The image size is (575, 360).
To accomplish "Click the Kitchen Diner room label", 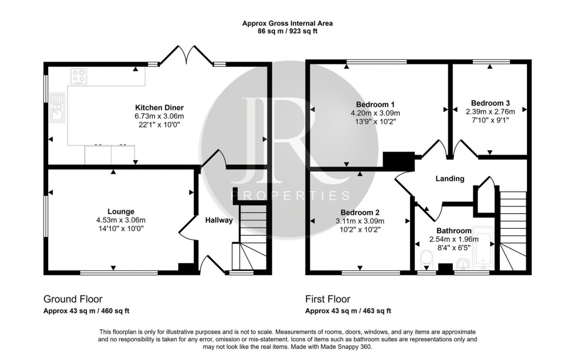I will [160, 108].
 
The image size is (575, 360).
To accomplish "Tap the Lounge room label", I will [121, 212].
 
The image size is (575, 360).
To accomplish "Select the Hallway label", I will [218, 220].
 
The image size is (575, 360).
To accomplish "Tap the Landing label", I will [450, 179].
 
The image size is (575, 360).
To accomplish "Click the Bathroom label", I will [454, 231].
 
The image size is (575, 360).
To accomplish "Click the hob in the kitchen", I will [79, 75].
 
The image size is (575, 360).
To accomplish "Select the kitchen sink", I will [58, 110].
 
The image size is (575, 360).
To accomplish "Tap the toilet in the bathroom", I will [427, 259].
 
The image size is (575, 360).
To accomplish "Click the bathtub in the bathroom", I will [483, 252].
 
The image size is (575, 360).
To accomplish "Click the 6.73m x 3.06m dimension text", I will [160, 116].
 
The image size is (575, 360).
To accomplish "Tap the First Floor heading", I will [327, 299].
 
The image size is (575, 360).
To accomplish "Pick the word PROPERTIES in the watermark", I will [292, 195].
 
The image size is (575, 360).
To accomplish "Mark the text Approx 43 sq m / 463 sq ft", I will [348, 311].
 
